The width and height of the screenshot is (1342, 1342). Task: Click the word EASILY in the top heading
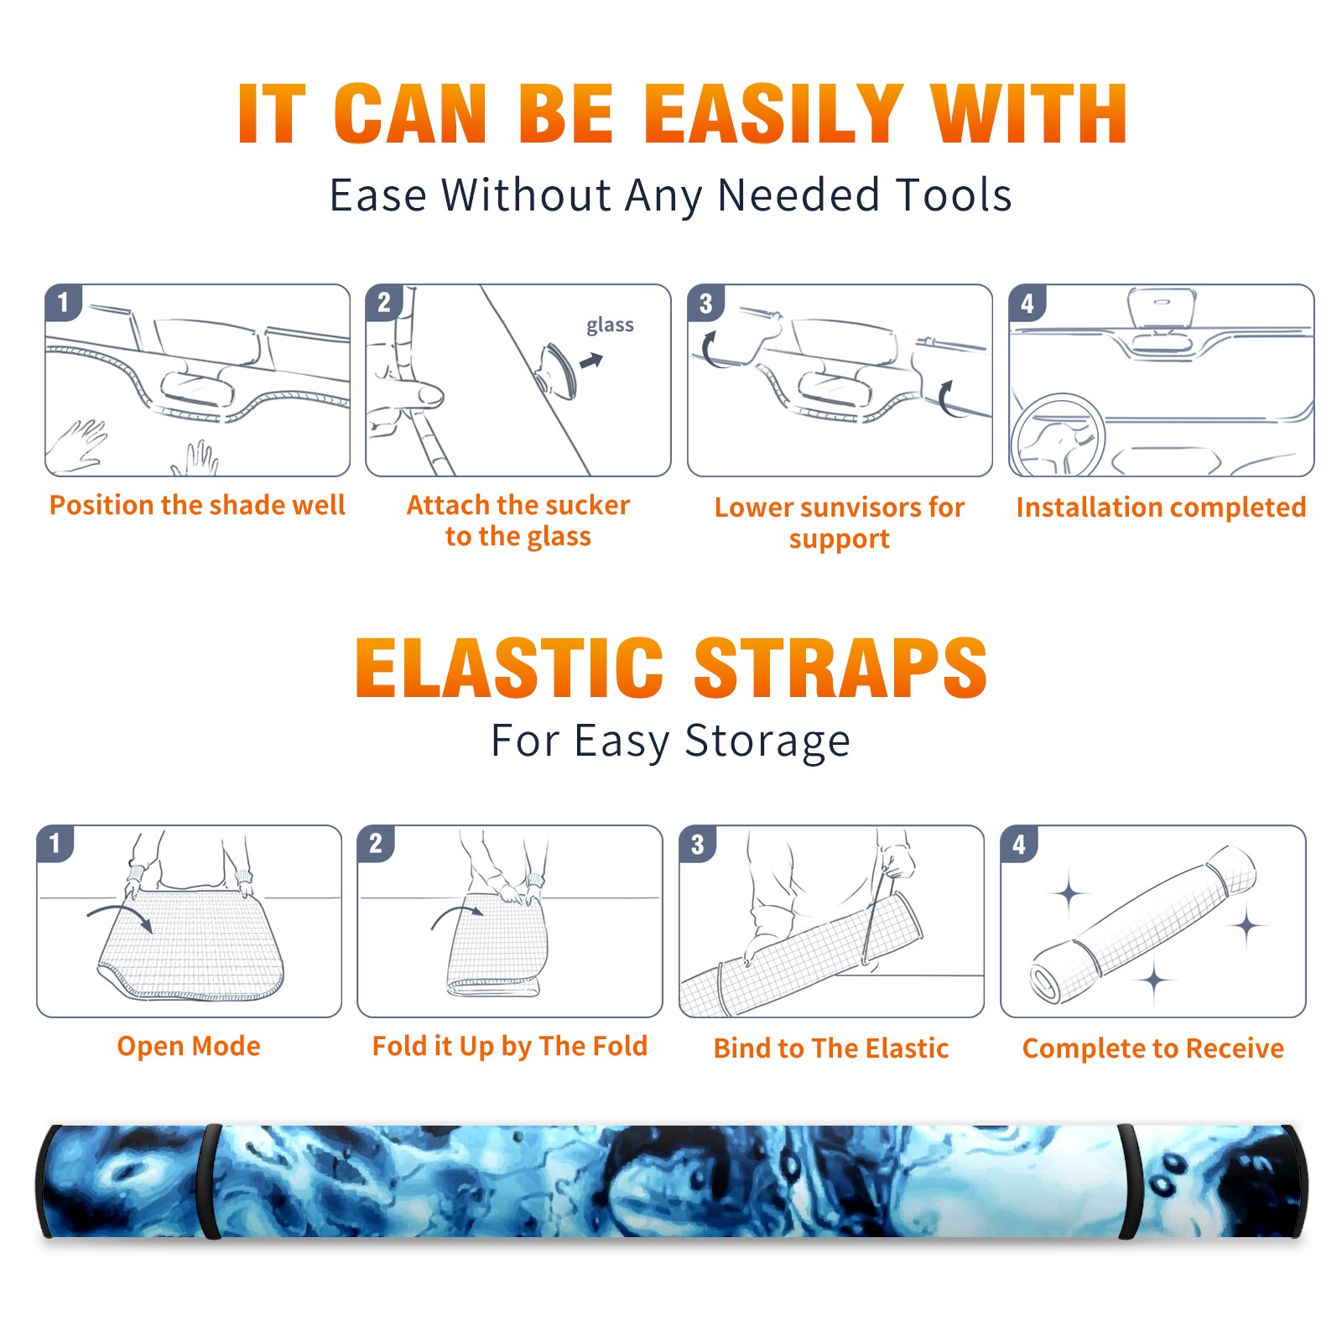pyautogui.click(x=773, y=114)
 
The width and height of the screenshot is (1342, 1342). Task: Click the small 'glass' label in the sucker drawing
pyautogui.click(x=610, y=325)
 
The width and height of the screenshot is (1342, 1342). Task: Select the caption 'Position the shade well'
pyautogui.click(x=197, y=505)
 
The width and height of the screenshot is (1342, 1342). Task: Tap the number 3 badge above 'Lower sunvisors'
pyautogui.click(x=705, y=304)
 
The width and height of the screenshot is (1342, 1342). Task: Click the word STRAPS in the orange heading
pyautogui.click(x=840, y=668)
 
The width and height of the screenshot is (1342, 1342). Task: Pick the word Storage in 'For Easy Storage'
pyautogui.click(x=767, y=742)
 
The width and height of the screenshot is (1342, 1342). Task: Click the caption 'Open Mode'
pyautogui.click(x=189, y=1047)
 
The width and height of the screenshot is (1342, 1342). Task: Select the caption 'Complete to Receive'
pyautogui.click(x=1153, y=1048)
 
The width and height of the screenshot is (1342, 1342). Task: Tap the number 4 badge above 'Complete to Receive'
pyautogui.click(x=1019, y=844)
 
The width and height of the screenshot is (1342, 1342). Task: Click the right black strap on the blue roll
pyautogui.click(x=1130, y=1182)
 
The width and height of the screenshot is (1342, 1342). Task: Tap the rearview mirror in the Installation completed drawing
pyautogui.click(x=1162, y=308)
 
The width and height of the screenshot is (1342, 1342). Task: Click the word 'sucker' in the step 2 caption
pyautogui.click(x=586, y=505)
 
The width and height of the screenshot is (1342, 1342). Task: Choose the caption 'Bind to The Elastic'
pyautogui.click(x=831, y=1048)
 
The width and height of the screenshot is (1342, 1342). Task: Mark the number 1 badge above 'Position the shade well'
pyautogui.click(x=63, y=302)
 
